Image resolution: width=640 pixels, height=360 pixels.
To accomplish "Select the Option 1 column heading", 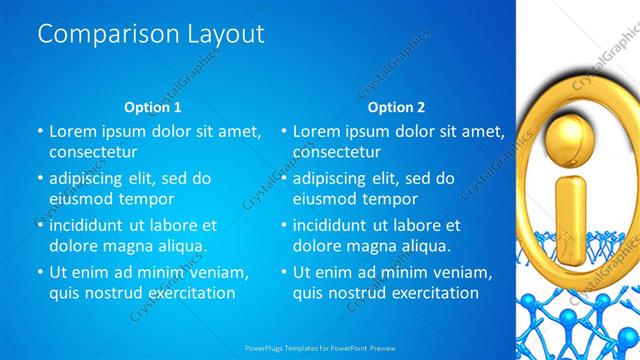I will pos(153,107).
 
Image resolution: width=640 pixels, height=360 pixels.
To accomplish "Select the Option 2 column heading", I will pos(396,107).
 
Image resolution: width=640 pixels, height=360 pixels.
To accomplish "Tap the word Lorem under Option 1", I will pos(72,131).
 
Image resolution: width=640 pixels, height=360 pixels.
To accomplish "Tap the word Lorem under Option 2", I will pos(316,131).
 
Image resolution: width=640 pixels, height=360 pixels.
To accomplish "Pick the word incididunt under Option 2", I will pos(337,226).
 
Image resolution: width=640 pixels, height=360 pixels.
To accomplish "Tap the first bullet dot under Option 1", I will pos(40,131).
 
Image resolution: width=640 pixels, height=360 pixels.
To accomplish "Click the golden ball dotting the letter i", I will pos(570,134).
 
